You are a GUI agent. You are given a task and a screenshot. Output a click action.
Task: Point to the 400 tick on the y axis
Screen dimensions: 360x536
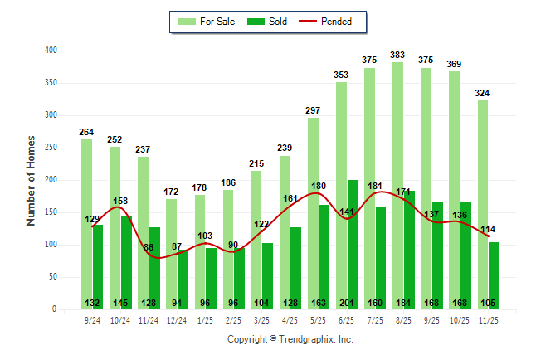(x=51, y=51)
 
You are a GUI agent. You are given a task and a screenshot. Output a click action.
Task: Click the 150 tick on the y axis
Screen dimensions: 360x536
(x=51, y=212)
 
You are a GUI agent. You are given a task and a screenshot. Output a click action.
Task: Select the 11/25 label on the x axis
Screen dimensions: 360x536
(x=490, y=319)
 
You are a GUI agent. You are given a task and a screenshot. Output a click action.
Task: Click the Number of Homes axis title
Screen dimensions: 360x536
(x=31, y=180)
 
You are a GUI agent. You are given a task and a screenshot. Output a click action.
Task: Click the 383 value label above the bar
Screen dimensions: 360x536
(x=397, y=56)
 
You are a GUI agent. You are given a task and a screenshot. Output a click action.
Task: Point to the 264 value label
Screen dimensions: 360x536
(x=86, y=132)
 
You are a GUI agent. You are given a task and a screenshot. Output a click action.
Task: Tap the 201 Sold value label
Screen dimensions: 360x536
(x=353, y=303)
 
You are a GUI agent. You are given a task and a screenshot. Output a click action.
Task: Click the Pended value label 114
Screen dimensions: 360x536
(x=490, y=229)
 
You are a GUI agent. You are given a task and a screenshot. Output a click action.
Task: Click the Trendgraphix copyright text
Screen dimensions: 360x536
(x=290, y=339)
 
